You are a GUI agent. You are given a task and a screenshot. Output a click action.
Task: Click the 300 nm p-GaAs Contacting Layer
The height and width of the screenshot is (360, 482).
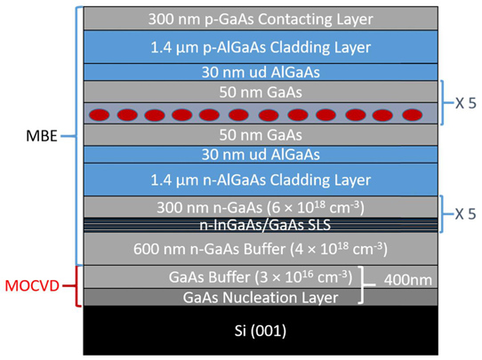tap(261, 19)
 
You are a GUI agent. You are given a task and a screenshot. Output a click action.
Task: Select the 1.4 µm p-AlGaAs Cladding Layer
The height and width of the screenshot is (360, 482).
tap(261, 47)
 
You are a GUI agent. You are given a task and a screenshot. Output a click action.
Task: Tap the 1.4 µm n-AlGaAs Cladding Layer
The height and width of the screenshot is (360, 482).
tap(261, 180)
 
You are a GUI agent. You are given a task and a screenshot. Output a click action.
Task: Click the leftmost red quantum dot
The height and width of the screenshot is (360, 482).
tap(99, 115)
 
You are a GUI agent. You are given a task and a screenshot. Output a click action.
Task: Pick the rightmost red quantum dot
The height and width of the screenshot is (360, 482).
tap(413, 115)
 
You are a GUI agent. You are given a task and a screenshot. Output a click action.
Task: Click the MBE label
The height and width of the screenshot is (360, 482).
tap(42, 136)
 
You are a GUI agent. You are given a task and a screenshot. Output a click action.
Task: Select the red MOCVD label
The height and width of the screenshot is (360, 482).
tap(32, 286)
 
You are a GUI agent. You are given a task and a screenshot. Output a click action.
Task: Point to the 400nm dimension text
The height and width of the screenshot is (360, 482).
tap(407, 280)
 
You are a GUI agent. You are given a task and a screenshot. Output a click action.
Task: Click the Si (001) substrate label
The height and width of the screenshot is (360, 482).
tap(261, 331)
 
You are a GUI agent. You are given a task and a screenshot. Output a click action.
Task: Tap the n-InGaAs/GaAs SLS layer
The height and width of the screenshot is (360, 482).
tap(261, 225)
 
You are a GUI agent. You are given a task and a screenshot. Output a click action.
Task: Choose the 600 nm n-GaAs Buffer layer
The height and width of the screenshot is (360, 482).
tap(261, 249)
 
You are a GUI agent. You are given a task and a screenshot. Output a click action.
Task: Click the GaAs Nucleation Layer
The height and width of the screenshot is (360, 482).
tap(261, 297)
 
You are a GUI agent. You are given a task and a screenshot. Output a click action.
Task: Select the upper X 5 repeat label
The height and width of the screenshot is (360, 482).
tap(465, 103)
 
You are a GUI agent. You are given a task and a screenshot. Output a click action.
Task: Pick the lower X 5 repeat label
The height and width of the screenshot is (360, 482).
tap(465, 214)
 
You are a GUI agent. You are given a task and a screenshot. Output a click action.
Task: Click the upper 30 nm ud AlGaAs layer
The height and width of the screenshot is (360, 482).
tap(261, 72)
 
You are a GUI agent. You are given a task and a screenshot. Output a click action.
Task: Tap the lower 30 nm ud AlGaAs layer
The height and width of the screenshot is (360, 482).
tap(261, 155)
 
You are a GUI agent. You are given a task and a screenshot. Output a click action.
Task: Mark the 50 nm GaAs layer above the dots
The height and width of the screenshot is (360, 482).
tap(261, 92)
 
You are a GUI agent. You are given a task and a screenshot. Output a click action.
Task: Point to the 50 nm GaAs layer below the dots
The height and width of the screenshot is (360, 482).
tap(261, 135)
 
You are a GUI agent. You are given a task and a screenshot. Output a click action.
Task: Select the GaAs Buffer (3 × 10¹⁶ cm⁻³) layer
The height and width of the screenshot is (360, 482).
tap(261, 276)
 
